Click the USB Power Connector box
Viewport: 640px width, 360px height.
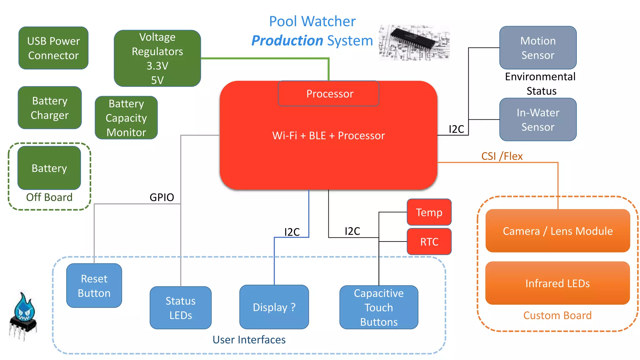[53, 48]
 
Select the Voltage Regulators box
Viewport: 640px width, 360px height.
[157, 58]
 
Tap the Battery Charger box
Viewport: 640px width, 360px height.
[50, 108]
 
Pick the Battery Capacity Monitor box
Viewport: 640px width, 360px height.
[126, 118]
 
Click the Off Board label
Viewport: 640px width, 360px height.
[49, 197]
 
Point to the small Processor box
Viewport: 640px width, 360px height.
[328, 94]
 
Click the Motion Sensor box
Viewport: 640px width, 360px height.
[538, 48]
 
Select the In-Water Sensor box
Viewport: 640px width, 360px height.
[538, 120]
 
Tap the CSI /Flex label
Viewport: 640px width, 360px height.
[502, 156]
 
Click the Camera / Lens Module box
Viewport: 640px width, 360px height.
[557, 231]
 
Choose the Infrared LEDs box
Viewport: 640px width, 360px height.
[557, 283]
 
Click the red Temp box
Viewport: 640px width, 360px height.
[429, 212]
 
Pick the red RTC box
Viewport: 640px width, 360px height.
[429, 242]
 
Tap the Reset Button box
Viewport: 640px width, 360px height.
[94, 286]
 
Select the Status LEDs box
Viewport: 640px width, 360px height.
[181, 308]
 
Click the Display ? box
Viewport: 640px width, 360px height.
[274, 307]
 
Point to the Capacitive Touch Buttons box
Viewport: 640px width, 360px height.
[379, 307]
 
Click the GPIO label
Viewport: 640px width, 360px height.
[162, 197]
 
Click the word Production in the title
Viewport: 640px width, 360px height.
[287, 41]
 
